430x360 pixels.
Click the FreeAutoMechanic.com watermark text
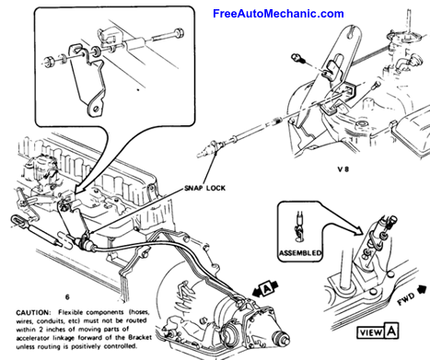tap(264, 14)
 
